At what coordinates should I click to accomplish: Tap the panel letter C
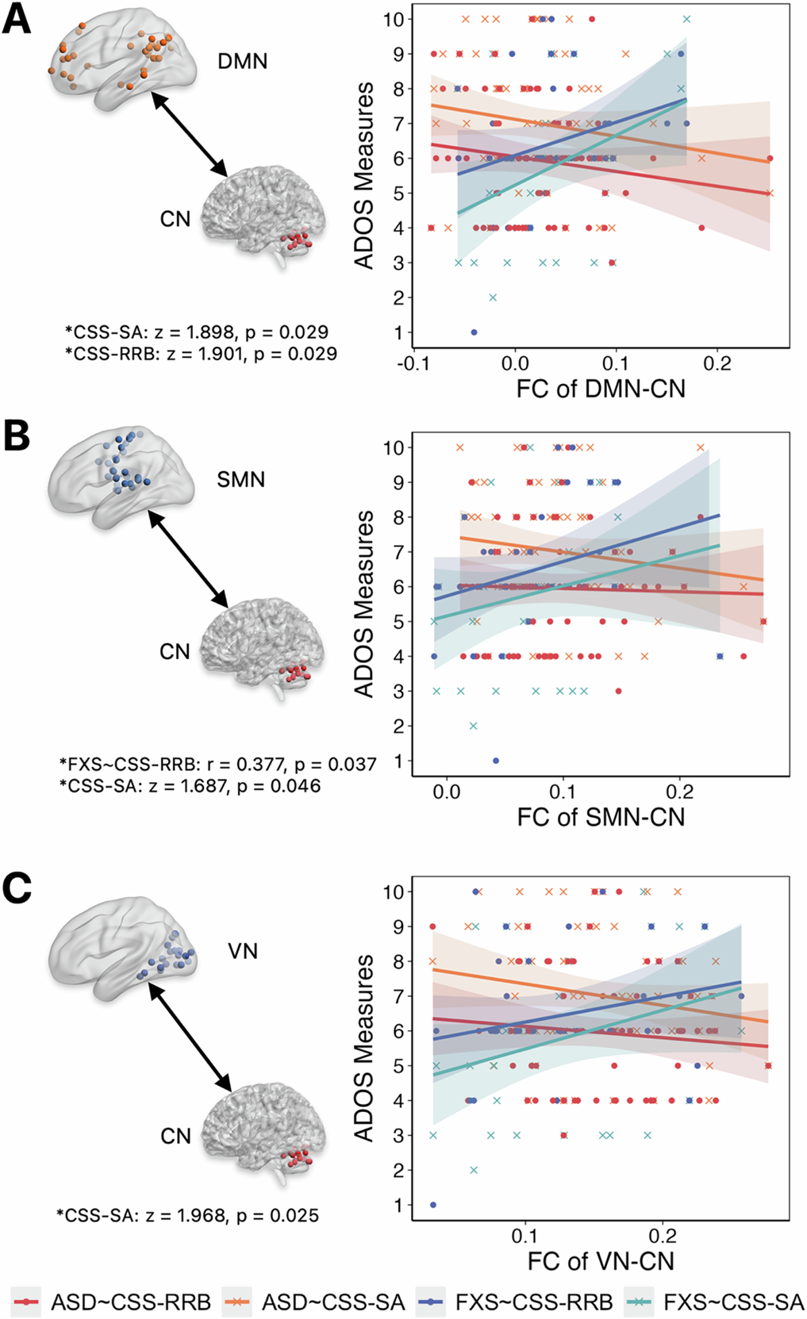click(x=17, y=888)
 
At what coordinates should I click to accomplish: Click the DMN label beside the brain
click(x=242, y=61)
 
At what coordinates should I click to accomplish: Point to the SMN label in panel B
click(x=240, y=480)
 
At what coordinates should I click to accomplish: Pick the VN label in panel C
click(x=243, y=950)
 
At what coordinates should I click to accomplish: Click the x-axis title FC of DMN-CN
click(x=601, y=389)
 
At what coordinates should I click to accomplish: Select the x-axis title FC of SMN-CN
click(x=601, y=817)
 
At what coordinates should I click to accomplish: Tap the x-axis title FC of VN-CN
click(x=601, y=1261)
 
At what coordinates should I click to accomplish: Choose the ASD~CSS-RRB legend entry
click(x=130, y=1302)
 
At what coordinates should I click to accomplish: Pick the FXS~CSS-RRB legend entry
click(x=533, y=1302)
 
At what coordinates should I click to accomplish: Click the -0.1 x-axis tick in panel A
click(x=413, y=363)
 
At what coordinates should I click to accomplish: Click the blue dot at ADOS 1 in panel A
click(x=474, y=332)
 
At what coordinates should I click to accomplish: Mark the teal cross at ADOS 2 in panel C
click(x=474, y=1170)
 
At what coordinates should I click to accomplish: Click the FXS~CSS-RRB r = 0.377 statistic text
click(x=218, y=764)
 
